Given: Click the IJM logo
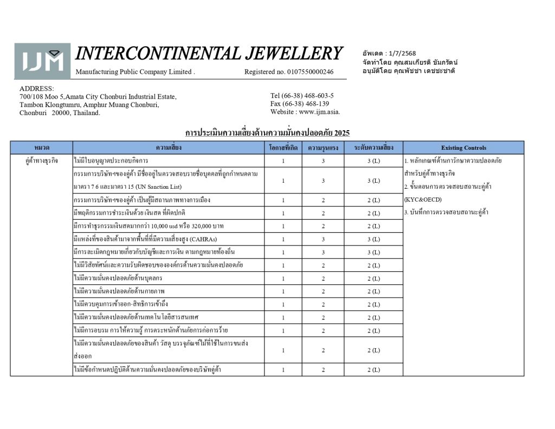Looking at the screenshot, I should click(x=42, y=61).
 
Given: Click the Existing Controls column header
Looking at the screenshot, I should click(x=463, y=148).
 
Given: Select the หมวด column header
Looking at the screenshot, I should click(x=42, y=148).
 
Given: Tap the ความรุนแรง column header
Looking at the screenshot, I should click(x=323, y=148).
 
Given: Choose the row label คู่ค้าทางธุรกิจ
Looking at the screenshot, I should click(x=42, y=161).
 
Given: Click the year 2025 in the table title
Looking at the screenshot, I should click(x=342, y=132).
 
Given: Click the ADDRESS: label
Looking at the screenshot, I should click(x=36, y=88).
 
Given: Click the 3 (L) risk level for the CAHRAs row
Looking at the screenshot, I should click(x=373, y=239).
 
